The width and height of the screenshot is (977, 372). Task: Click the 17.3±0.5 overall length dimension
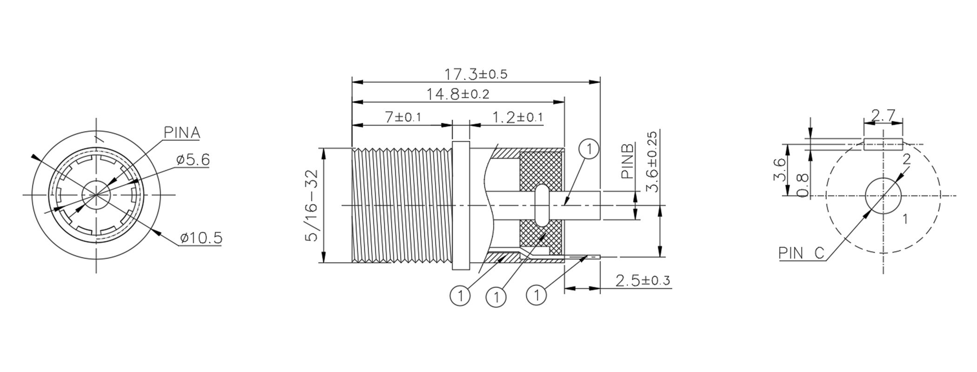click(475, 74)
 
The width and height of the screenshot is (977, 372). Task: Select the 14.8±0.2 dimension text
click(458, 95)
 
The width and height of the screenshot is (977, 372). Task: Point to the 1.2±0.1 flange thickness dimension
click(517, 117)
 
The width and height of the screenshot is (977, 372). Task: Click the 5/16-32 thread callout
click(311, 205)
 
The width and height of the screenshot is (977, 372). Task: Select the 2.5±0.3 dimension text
click(642, 280)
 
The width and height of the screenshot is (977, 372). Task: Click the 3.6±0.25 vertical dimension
click(652, 161)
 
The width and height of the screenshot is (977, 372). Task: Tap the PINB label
click(628, 161)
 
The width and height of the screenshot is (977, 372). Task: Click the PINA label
click(181, 133)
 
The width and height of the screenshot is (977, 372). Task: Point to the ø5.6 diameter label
click(193, 160)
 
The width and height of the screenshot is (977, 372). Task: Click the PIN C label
click(801, 253)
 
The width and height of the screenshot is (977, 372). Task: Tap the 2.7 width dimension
click(883, 115)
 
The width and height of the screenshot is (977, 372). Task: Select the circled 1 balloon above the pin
click(589, 149)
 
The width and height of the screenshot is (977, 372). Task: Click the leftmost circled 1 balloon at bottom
click(460, 296)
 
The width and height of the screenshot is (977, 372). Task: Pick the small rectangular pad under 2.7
click(883, 144)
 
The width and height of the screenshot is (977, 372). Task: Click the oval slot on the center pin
click(542, 205)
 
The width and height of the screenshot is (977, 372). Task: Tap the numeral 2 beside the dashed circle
click(906, 159)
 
